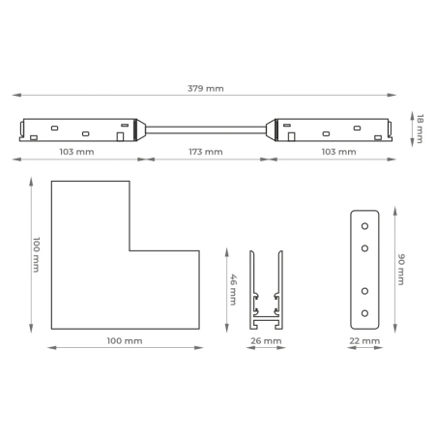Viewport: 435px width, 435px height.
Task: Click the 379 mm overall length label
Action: pyautogui.click(x=206, y=88)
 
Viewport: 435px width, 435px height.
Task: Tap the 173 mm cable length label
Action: pyautogui.click(x=206, y=152)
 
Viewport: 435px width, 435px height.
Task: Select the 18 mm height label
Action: pyautogui.click(x=420, y=129)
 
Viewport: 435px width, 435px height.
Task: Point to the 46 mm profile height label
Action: pyautogui.click(x=233, y=290)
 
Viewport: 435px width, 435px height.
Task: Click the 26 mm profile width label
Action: pyautogui.click(x=266, y=340)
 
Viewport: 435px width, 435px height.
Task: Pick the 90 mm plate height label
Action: pyautogui.click(x=401, y=270)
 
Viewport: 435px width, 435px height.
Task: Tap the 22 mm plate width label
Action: pyautogui.click(x=364, y=340)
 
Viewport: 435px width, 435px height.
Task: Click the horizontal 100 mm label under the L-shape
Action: pyautogui.click(x=125, y=340)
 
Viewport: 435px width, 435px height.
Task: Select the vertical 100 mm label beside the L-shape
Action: pyautogui.click(x=37, y=254)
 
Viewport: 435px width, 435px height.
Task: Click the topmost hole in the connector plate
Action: pyautogui.click(x=364, y=226)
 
